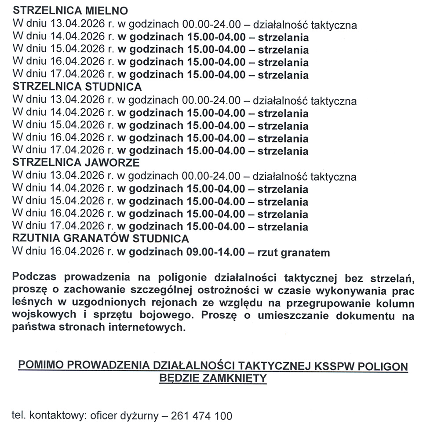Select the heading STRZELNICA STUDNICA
[x=77, y=87]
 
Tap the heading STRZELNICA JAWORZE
[x=77, y=163]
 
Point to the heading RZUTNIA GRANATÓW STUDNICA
[x=101, y=240]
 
